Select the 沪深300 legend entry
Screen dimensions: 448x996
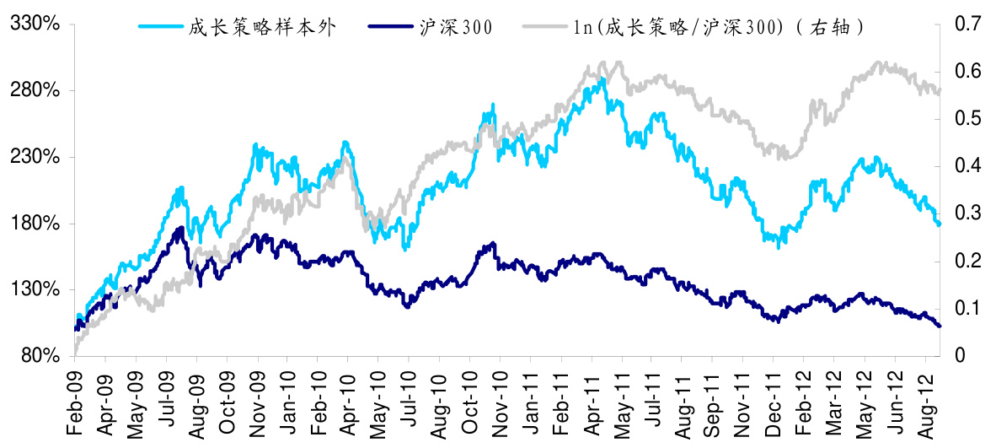[x=456, y=27]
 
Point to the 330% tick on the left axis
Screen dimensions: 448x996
[x=36, y=24]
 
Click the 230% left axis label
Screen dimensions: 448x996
[x=36, y=157]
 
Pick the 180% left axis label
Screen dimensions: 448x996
[x=36, y=224]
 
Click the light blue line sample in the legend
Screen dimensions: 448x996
[x=160, y=27]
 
